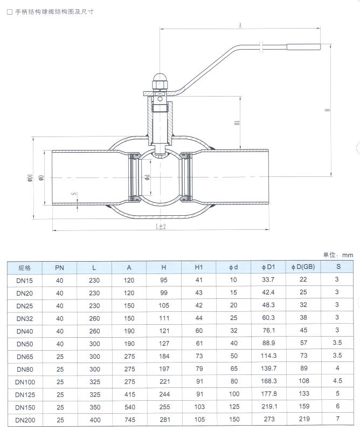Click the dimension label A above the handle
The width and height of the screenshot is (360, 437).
tap(239, 25)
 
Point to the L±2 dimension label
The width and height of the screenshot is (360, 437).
tap(160, 227)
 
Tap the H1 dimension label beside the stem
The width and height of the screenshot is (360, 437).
tap(237, 123)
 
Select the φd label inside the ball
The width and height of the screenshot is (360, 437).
tap(147, 176)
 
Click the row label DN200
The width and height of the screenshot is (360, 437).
tap(25, 419)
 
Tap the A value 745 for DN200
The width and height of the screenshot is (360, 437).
tap(129, 419)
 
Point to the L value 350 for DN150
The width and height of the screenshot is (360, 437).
tap(94, 407)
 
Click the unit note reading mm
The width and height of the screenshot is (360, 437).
tap(346, 254)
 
